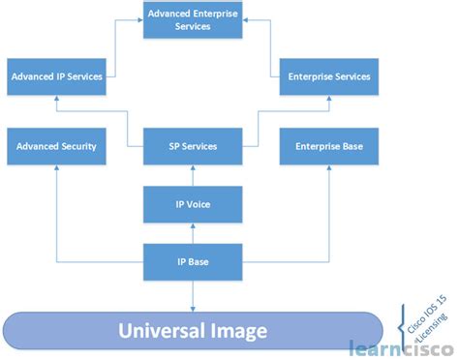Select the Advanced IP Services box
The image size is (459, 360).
(55, 76)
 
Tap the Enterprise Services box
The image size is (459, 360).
(328, 76)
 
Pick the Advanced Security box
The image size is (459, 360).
(55, 146)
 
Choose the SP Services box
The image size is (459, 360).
(192, 146)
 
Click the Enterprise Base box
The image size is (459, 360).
(328, 146)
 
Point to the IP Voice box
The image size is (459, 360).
(192, 205)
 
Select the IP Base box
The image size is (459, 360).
(192, 261)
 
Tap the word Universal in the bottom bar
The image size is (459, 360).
(158, 332)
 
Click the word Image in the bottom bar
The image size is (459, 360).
(237, 332)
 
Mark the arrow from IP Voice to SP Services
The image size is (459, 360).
(192, 176)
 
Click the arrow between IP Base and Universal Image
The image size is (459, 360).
(192, 295)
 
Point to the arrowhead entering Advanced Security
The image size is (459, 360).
(56, 169)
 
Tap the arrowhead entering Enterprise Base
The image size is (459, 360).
(329, 169)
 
